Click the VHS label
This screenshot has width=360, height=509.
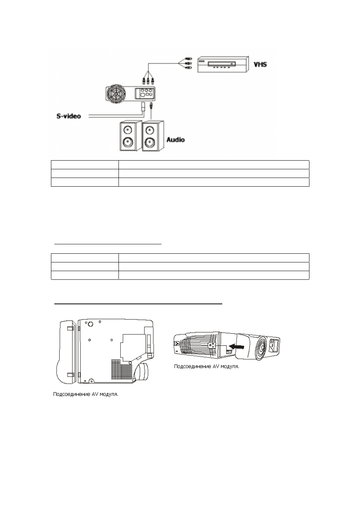click(260, 64)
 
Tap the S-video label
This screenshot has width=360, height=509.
click(68, 116)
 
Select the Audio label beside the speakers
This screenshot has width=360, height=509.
click(175, 140)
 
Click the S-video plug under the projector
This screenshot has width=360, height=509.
click(143, 106)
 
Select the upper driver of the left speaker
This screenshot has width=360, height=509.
click(127, 130)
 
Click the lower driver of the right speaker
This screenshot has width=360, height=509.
click(149, 142)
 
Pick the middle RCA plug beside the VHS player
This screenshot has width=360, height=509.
click(189, 63)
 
